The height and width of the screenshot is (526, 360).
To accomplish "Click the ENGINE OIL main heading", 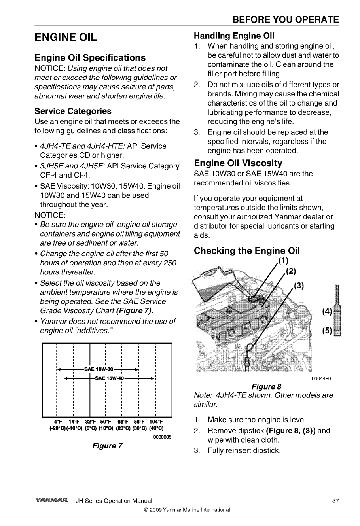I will click(66, 38).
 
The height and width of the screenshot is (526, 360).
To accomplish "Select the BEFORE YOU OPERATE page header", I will click(286, 20).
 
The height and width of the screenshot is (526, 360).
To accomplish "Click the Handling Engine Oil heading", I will click(234, 36).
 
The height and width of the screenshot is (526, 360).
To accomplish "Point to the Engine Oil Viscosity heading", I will click(238, 163).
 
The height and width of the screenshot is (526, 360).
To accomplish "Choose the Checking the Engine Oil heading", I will click(246, 251).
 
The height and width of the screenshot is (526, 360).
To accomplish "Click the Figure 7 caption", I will click(107, 446).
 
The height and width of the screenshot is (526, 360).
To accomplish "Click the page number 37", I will click(335, 501).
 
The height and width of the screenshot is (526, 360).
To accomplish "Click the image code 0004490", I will click(321, 378).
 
